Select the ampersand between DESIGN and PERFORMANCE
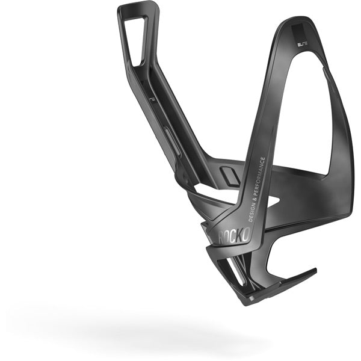coord(254,197)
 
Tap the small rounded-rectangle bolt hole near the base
coord(228,176)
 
